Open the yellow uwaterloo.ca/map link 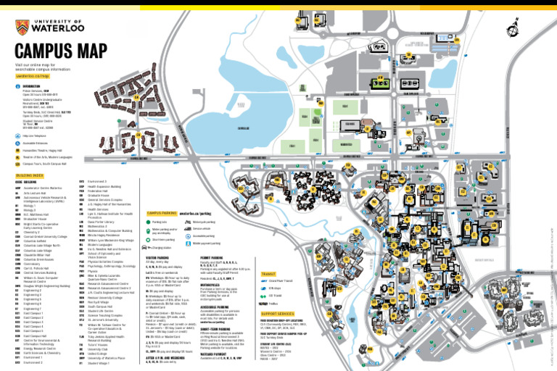[x=32, y=75]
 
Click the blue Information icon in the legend [x=18, y=86]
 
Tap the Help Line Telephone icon [x=18, y=136]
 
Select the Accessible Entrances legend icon [x=18, y=143]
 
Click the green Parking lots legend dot [x=148, y=222]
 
